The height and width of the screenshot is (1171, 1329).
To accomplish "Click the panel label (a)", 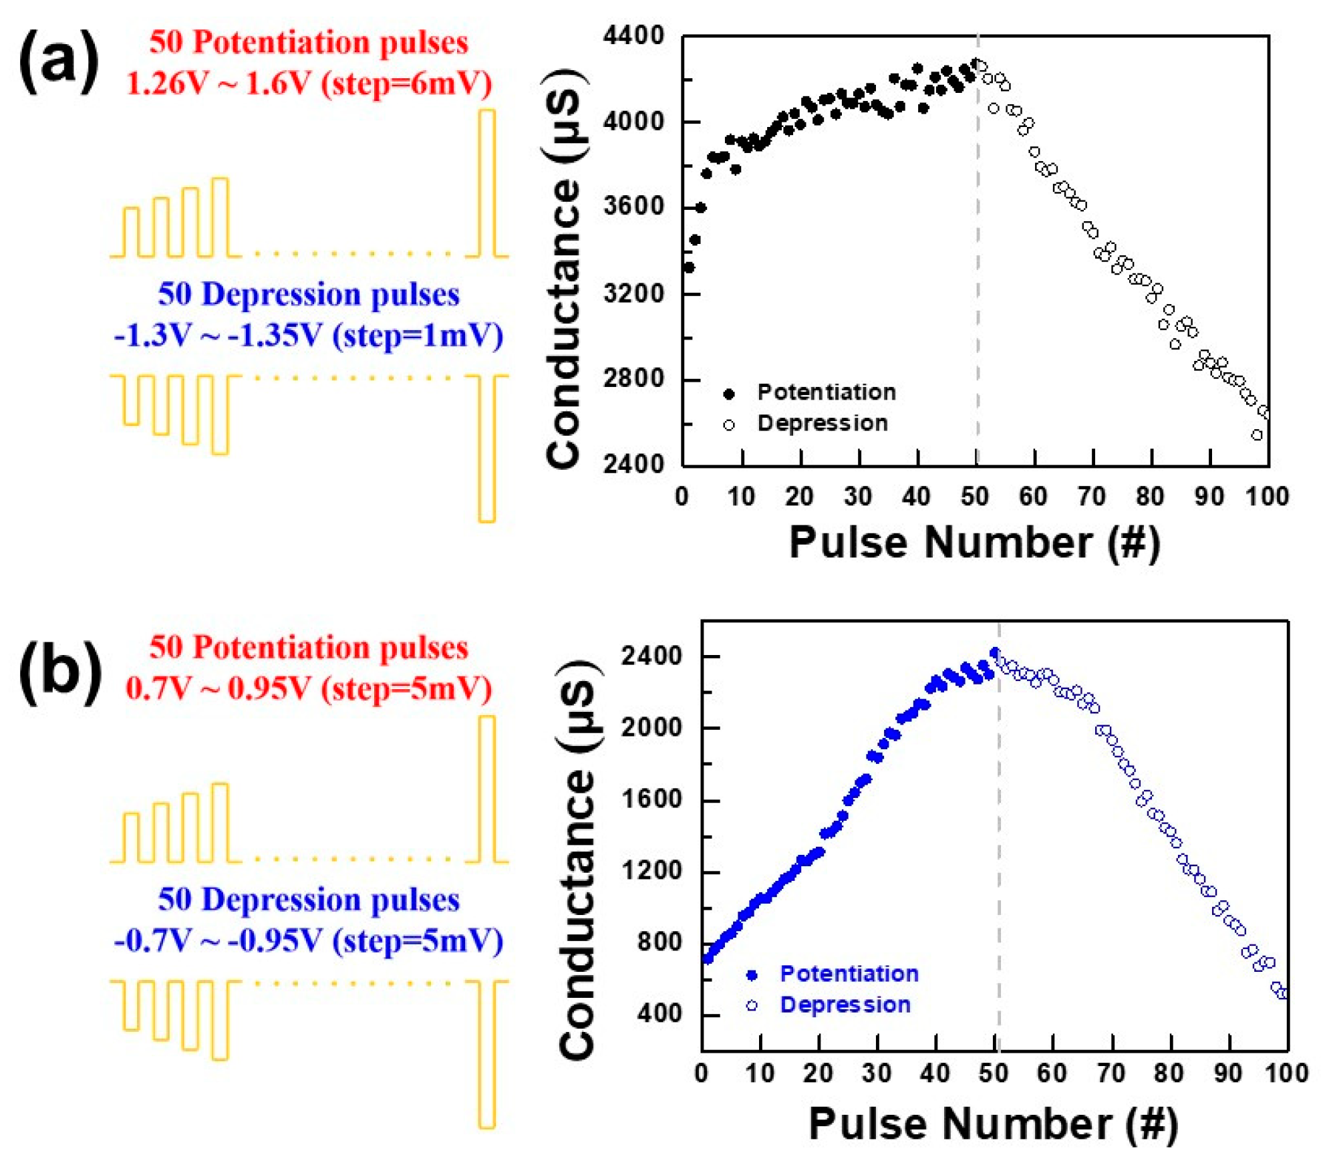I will [59, 62].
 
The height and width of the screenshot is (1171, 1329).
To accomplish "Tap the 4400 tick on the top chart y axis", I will [633, 35].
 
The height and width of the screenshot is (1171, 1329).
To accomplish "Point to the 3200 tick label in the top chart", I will [633, 293].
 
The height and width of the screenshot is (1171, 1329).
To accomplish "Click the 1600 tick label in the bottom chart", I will [651, 799].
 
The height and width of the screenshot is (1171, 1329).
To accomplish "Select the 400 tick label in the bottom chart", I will [659, 1014].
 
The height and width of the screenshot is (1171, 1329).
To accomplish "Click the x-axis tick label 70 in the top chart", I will [1091, 497].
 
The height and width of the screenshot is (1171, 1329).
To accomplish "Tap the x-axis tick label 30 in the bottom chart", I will [876, 1073].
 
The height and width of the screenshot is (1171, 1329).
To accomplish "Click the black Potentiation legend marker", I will [729, 394].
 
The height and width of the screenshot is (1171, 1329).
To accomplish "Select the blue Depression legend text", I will [845, 1005].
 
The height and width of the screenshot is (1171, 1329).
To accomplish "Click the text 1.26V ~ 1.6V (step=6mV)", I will [309, 84].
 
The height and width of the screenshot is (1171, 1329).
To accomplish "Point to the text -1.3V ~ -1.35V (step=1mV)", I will [309, 335].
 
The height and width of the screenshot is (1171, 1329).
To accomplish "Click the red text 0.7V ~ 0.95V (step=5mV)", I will [309, 688].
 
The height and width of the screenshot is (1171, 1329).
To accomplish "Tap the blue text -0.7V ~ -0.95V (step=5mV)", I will [309, 940].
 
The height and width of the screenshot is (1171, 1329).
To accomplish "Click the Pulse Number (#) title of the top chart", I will [974, 542].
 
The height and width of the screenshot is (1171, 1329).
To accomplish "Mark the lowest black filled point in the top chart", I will [688, 267].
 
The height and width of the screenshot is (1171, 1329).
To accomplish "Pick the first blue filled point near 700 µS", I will [708, 959].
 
